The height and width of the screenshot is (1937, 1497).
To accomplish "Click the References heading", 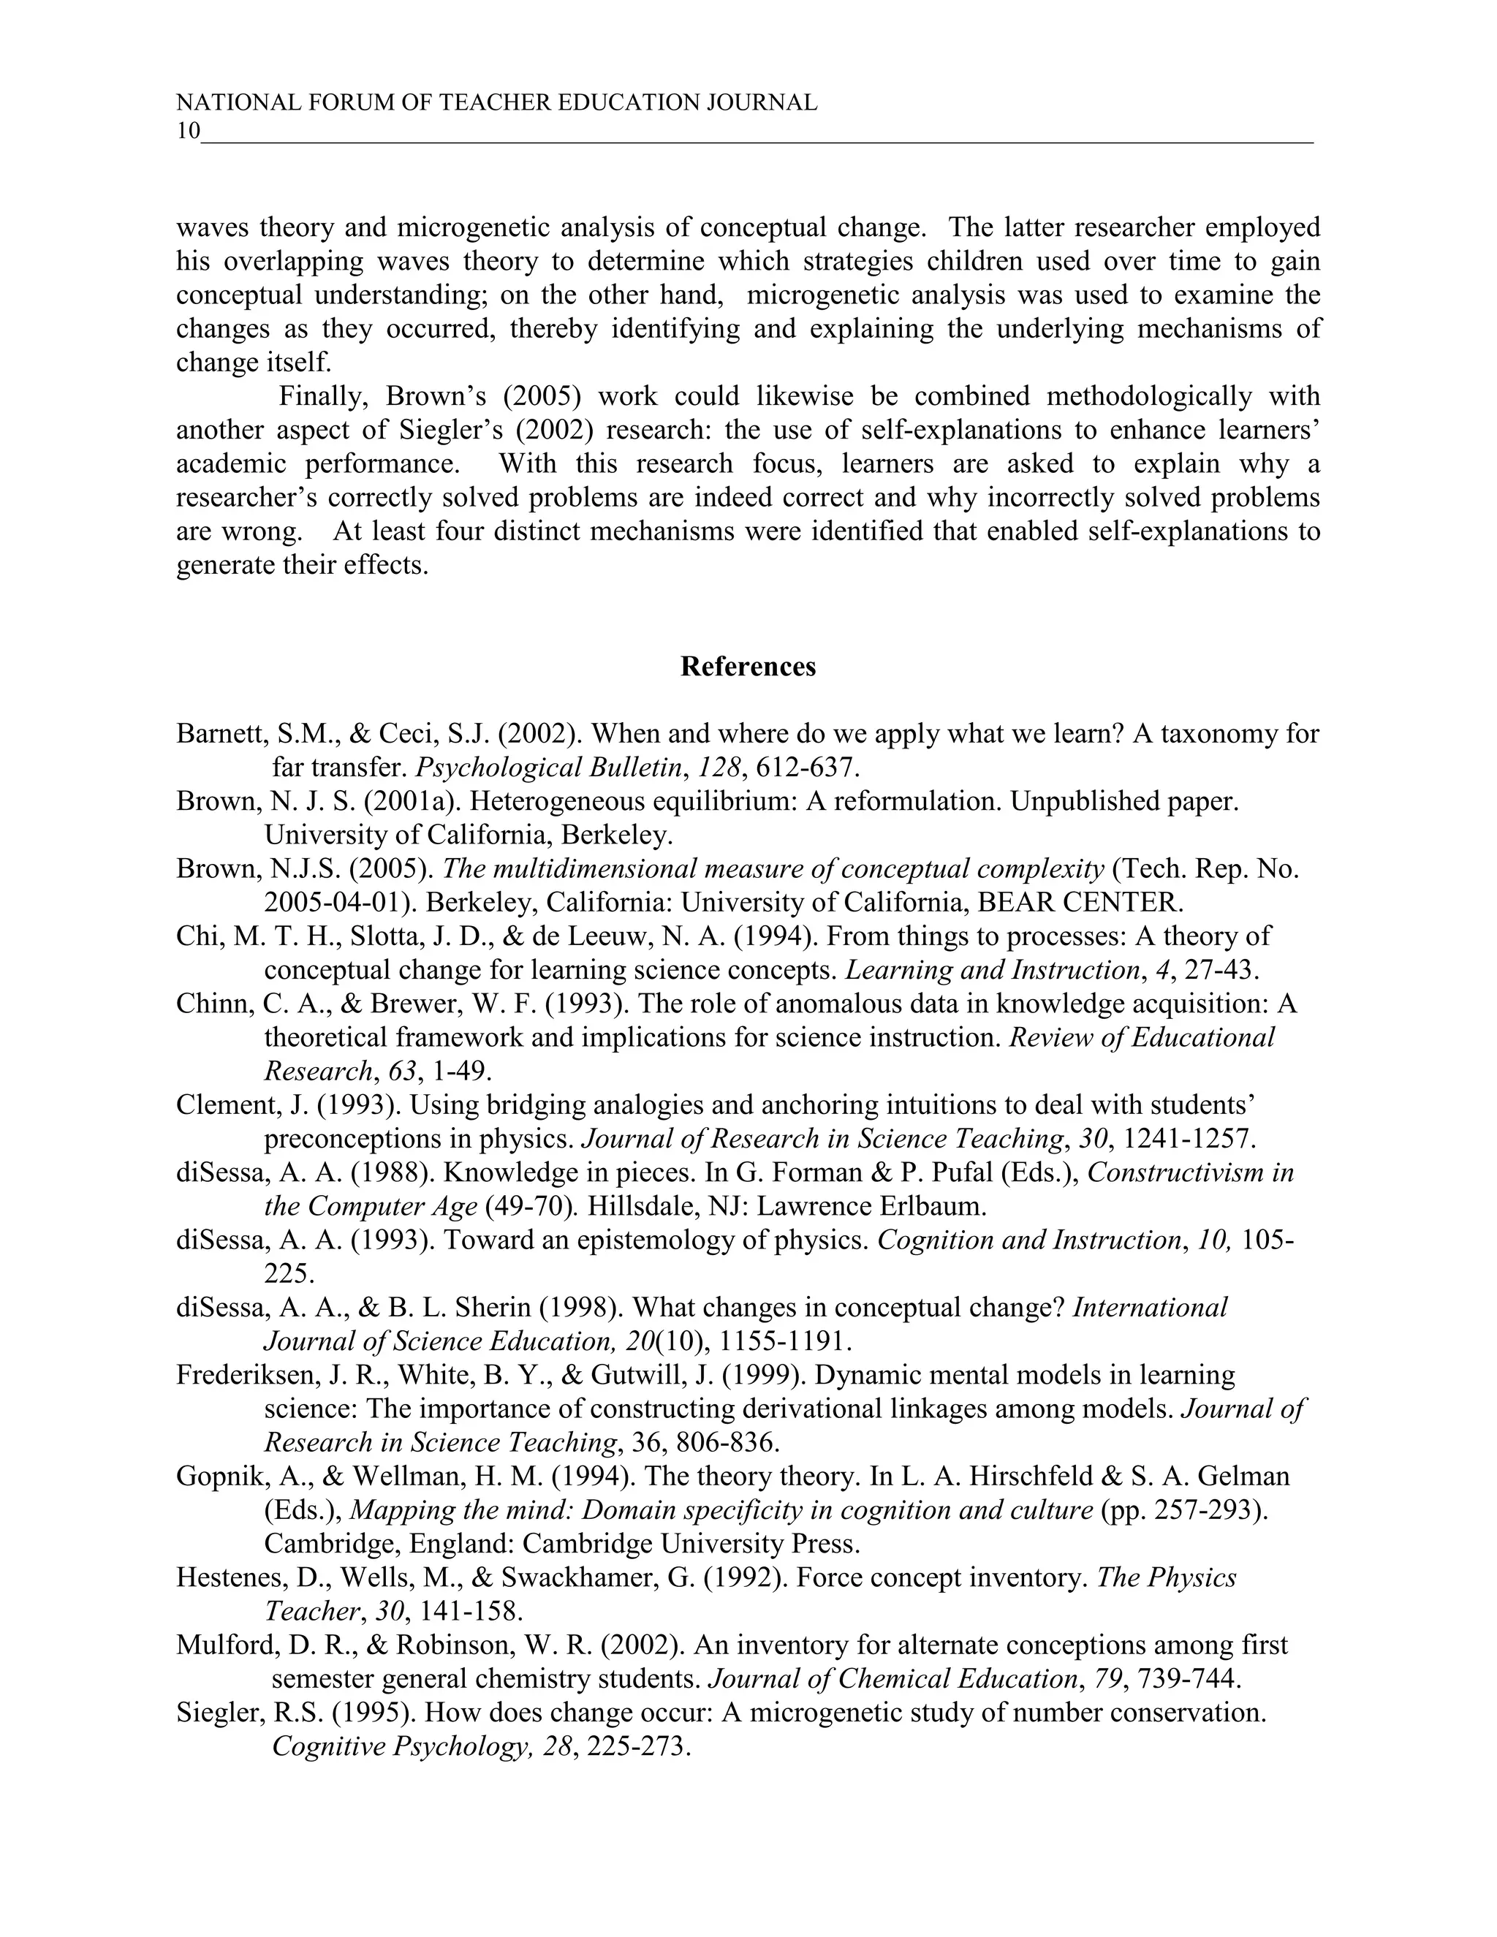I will pos(748,667).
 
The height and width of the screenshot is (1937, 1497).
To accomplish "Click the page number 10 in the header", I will pos(188,132).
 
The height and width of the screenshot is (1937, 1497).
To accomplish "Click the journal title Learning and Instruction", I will pos(991,969).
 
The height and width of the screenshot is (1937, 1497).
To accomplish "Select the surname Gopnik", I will pos(221,1476).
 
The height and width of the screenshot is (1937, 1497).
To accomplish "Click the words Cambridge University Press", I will pos(691,1543).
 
